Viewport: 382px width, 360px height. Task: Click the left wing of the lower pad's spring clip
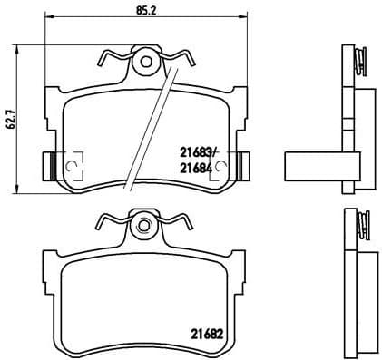tap(110, 220)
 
